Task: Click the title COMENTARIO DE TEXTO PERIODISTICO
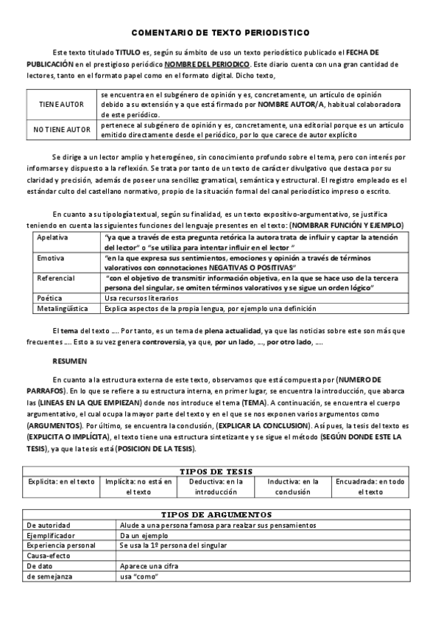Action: (x=220, y=33)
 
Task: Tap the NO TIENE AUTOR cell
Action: (x=62, y=130)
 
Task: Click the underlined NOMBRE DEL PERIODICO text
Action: (x=205, y=65)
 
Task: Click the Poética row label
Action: (x=49, y=298)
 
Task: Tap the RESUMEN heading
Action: (x=69, y=362)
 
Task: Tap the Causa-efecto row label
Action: (x=47, y=556)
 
